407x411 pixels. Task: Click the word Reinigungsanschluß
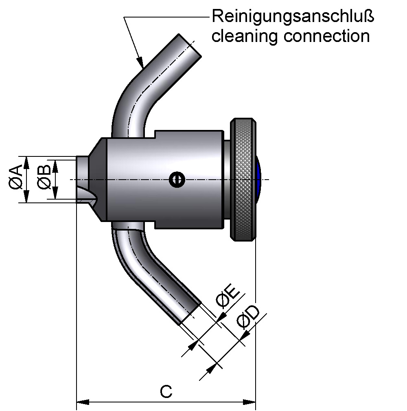293,17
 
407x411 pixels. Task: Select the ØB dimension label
45,178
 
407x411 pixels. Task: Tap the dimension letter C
166,391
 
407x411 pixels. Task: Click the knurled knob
243,179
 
